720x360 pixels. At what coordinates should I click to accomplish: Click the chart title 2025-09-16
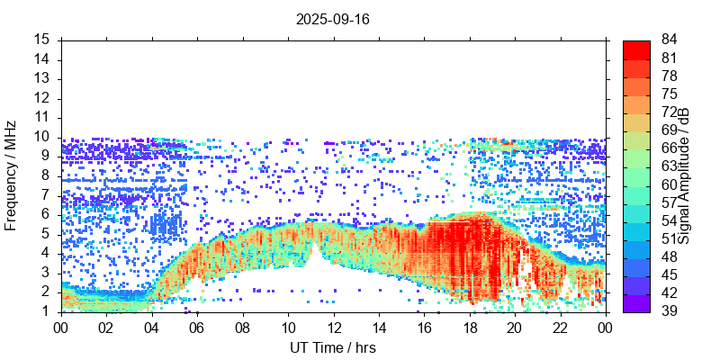[x=332, y=18]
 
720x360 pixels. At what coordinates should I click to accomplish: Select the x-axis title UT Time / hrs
[x=332, y=347]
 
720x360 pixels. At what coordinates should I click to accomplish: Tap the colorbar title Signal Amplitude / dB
[x=684, y=175]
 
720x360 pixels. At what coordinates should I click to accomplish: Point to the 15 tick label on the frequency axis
[x=42, y=40]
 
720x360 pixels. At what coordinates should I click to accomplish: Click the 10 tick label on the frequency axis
[x=42, y=137]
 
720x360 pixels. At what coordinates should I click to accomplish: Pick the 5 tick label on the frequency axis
[x=46, y=234]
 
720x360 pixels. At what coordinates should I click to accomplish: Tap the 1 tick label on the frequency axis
[x=46, y=311]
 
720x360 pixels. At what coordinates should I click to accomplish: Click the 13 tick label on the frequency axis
[x=42, y=78]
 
